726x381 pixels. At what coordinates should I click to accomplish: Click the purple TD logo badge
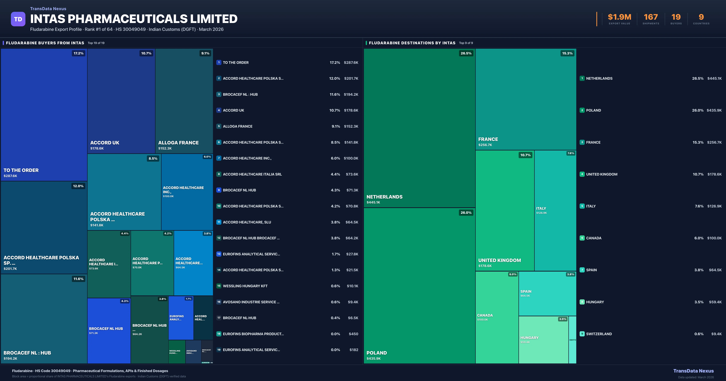(x=18, y=19)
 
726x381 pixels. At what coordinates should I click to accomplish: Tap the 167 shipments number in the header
(x=651, y=17)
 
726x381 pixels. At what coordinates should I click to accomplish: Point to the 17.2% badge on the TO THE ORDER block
(x=78, y=53)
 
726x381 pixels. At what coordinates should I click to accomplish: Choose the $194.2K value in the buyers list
(x=351, y=94)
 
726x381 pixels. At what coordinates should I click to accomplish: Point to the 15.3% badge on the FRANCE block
(x=567, y=53)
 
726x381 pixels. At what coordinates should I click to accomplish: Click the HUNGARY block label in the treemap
(x=529, y=338)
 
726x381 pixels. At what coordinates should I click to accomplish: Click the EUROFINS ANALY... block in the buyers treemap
(x=177, y=318)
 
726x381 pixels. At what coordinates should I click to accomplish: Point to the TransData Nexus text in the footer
(x=693, y=371)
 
